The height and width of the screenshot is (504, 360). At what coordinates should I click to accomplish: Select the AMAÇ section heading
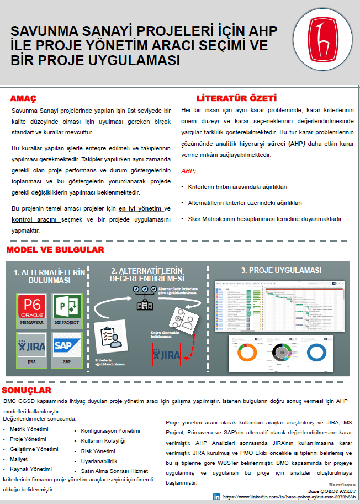click(x=23, y=98)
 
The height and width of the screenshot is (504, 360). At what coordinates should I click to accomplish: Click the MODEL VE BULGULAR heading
click(x=55, y=250)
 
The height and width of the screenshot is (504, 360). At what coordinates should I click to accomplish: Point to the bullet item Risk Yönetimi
click(x=94, y=451)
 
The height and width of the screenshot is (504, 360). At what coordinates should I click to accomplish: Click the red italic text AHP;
click(x=189, y=171)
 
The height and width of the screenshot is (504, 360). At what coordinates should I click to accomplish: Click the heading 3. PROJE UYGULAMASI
click(x=281, y=270)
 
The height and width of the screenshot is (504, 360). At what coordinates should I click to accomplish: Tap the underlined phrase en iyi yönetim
click(x=140, y=208)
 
